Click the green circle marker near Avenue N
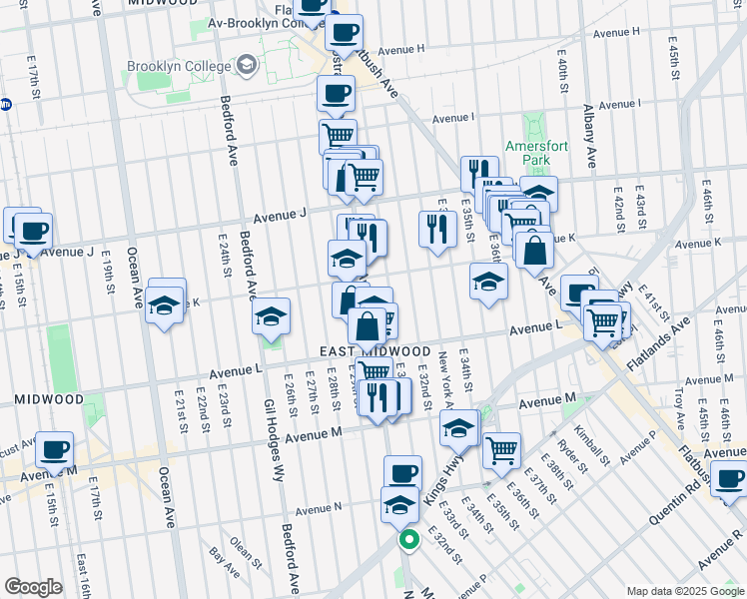(x=408, y=540)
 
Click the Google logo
(x=33, y=586)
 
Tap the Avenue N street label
(x=319, y=508)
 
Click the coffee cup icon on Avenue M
(x=55, y=449)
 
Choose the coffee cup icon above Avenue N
(x=402, y=472)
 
